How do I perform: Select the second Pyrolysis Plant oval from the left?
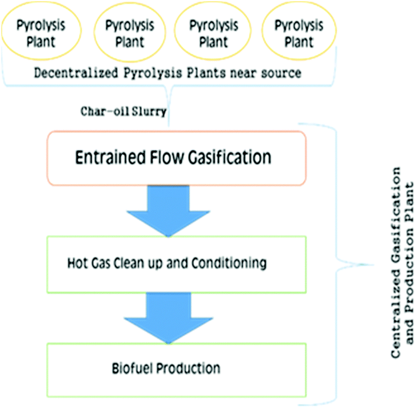[129, 33]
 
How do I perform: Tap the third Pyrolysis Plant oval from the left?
[214, 33]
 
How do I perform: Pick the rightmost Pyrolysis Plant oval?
[299, 33]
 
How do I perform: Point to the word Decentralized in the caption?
[69, 72]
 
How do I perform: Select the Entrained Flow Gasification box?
[177, 158]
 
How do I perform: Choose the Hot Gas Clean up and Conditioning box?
[177, 264]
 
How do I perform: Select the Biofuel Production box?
[177, 369]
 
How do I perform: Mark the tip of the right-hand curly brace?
[373, 264]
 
